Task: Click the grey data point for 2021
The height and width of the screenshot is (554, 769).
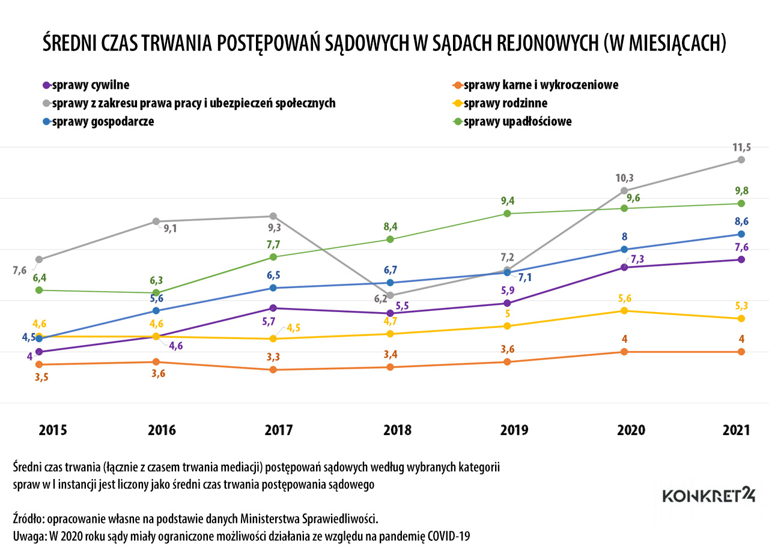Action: pyautogui.click(x=741, y=160)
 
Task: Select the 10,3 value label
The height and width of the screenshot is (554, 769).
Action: pyautogui.click(x=624, y=178)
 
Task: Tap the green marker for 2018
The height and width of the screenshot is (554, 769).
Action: pyautogui.click(x=390, y=239)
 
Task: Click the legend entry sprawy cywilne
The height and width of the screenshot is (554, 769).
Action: pyautogui.click(x=90, y=85)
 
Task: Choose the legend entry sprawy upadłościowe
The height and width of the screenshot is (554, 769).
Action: pyautogui.click(x=517, y=121)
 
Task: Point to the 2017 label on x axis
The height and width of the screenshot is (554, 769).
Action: pyautogui.click(x=279, y=430)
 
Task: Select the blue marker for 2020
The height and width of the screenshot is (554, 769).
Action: pyautogui.click(x=624, y=249)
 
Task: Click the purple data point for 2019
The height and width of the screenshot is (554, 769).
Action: pyautogui.click(x=507, y=303)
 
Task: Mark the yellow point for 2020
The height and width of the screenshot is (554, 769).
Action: pyautogui.click(x=624, y=310)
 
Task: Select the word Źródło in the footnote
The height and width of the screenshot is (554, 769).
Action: pyautogui.click(x=26, y=517)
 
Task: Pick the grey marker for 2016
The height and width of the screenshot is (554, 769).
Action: pyautogui.click(x=156, y=221)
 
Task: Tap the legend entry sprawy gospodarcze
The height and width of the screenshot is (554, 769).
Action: pyautogui.click(x=103, y=121)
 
